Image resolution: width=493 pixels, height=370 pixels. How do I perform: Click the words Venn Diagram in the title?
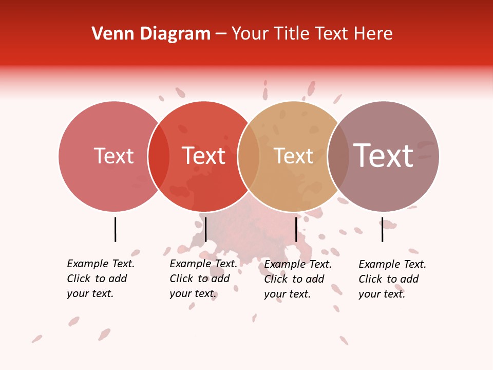pyautogui.click(x=151, y=34)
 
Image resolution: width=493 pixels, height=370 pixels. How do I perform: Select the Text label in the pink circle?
pyautogui.click(x=113, y=156)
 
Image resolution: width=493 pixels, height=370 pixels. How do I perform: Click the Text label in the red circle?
pyautogui.click(x=204, y=156)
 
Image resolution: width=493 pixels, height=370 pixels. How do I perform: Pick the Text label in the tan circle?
pyautogui.click(x=293, y=156)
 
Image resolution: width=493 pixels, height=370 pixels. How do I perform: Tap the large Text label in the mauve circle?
pyautogui.click(x=384, y=156)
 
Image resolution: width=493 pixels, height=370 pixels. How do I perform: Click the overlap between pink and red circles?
pyautogui.click(x=159, y=156)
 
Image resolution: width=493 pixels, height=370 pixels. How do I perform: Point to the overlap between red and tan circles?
pyautogui.click(x=249, y=156)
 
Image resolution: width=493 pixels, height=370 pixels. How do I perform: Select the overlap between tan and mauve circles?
pyautogui.click(x=338, y=156)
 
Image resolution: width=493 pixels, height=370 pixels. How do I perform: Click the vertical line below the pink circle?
pyautogui.click(x=115, y=229)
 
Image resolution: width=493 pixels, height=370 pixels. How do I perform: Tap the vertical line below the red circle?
pyautogui.click(x=205, y=229)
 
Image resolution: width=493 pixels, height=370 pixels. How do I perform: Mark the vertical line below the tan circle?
pyautogui.click(x=296, y=229)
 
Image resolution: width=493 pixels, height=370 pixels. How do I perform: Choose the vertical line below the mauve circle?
pyautogui.click(x=382, y=229)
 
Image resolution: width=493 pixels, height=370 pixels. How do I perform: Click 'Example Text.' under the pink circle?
pyautogui.click(x=101, y=264)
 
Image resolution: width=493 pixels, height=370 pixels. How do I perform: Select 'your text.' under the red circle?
pyautogui.click(x=193, y=293)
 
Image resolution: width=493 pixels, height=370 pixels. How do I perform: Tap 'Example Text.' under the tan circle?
pyautogui.click(x=298, y=264)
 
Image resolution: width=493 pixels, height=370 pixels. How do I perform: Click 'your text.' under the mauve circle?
pyautogui.click(x=382, y=294)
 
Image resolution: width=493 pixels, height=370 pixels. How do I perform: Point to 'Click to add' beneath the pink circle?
pyautogui.click(x=97, y=279)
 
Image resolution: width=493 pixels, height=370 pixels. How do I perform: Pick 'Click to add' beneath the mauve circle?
pyautogui.click(x=389, y=279)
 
